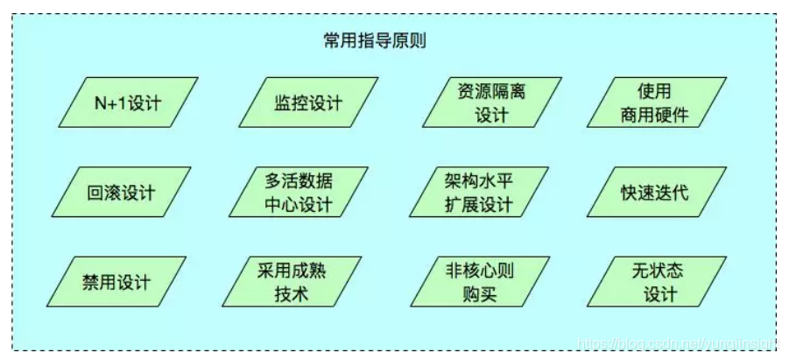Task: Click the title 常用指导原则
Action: point(374,41)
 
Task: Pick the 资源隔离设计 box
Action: point(490,103)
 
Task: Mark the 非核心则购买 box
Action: point(478,282)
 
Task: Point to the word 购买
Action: point(479,294)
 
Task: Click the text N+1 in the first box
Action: point(110,103)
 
